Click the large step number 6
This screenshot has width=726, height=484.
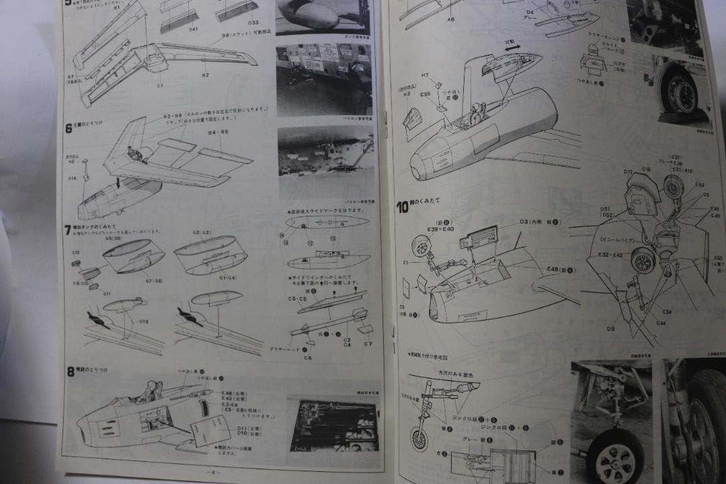69,128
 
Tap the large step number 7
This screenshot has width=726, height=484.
68,230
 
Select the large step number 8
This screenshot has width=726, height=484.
70,370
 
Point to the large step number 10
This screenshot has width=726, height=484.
402,207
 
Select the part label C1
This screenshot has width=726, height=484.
160,85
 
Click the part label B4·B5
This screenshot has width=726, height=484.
217,132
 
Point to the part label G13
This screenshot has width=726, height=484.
144,322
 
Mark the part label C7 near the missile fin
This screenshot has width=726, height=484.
368,344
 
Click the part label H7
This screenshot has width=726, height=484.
426,75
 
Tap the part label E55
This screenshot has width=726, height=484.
426,95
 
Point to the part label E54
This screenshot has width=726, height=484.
666,312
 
